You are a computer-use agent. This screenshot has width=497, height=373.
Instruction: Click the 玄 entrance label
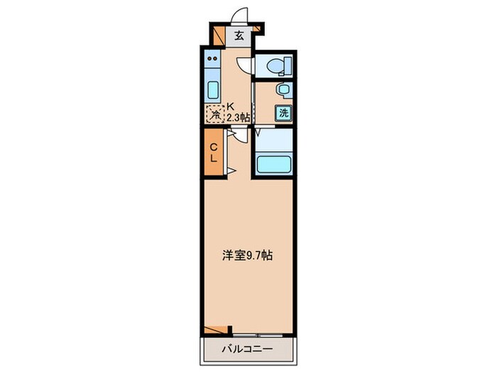tap(239, 34)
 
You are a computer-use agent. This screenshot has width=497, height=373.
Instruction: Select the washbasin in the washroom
tap(283, 90)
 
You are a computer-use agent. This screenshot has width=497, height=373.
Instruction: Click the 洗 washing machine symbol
tap(283, 112)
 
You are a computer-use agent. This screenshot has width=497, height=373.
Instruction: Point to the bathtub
tap(273, 164)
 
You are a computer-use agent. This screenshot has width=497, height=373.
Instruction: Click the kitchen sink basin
tap(213, 90)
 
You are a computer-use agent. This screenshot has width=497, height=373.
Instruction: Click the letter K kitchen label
tap(229, 106)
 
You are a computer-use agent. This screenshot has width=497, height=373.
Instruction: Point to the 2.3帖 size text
tap(237, 117)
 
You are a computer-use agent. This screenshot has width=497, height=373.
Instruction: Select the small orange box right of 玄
tap(258, 29)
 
